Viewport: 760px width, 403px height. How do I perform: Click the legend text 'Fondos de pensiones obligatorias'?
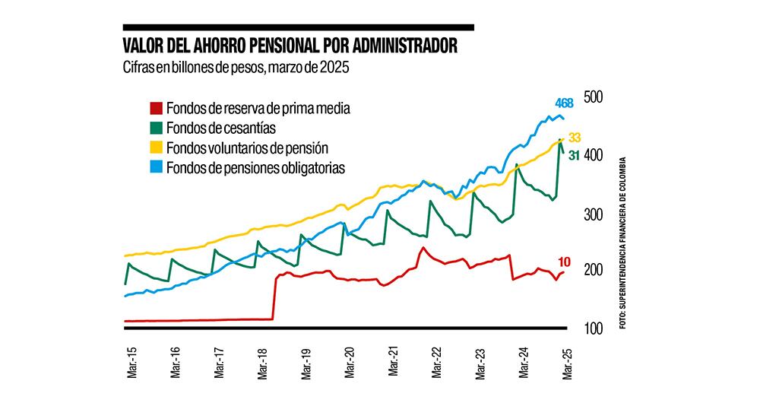(x=255, y=167)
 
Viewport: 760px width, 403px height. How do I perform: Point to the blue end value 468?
(x=563, y=103)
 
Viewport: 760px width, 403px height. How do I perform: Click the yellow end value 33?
(x=575, y=138)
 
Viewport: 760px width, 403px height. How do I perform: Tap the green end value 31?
(x=575, y=155)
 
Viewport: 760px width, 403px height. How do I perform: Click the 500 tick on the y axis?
(x=593, y=97)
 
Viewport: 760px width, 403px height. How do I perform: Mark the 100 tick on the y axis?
(x=593, y=328)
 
